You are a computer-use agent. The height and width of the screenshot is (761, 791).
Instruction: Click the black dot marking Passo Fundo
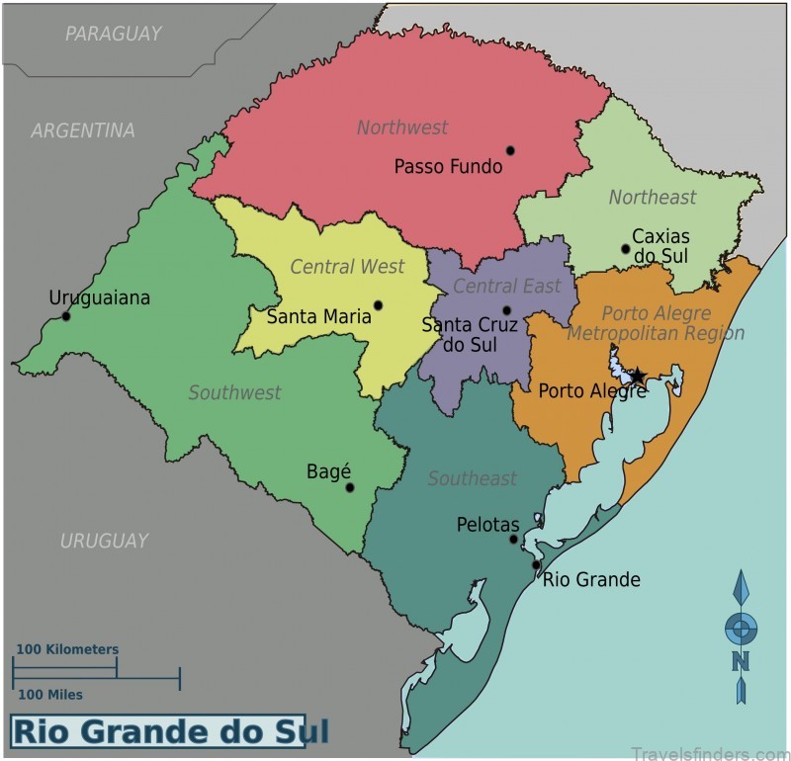coord(510,150)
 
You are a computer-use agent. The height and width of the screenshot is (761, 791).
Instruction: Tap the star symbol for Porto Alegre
coord(638,376)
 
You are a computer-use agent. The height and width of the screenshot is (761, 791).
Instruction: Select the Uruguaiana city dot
coord(66,316)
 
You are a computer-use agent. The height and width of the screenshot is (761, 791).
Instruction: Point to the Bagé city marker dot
coord(349,487)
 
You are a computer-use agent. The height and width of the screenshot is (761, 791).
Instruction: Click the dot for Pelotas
coord(513,539)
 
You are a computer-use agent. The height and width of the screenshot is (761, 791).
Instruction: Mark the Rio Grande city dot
coord(536,565)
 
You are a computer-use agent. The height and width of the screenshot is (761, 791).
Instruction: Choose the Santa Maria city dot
coord(378,305)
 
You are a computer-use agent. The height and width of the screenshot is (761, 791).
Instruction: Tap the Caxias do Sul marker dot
coord(625,249)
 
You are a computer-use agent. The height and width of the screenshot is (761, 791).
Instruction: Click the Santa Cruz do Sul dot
coord(506,310)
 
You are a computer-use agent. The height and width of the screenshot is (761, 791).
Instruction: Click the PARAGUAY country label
coord(113,35)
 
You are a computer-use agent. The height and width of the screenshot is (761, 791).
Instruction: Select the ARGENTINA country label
coord(83,130)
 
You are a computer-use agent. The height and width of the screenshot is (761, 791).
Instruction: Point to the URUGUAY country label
coord(104,541)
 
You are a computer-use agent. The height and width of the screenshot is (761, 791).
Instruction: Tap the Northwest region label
coord(401,127)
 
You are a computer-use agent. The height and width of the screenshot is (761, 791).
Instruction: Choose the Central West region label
coord(347,267)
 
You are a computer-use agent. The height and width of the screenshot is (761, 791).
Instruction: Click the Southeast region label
coord(472,478)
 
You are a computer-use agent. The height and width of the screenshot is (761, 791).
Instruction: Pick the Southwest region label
coord(234,392)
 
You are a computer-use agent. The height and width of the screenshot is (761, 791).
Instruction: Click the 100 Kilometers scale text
coord(66,649)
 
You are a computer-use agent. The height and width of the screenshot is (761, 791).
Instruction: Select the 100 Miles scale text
coord(50,695)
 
